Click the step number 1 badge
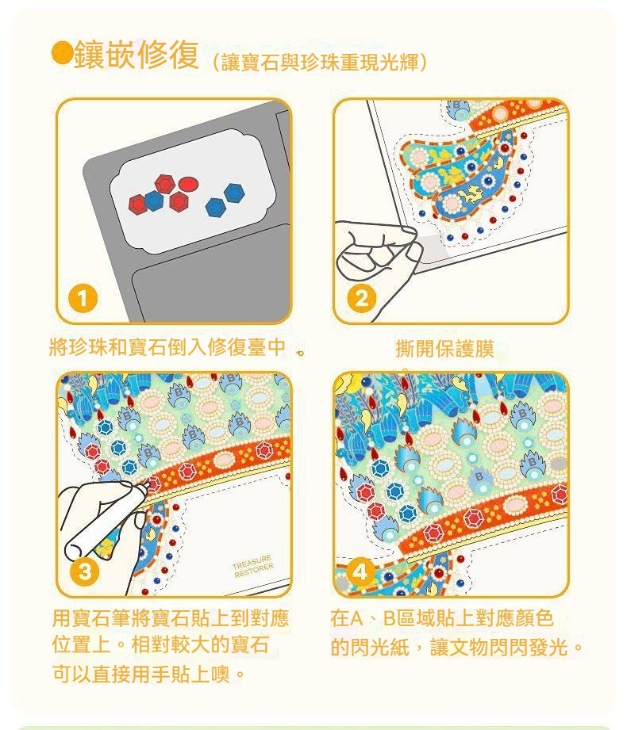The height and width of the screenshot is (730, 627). pos(83,299)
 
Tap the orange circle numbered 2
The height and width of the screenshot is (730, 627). pos(361,298)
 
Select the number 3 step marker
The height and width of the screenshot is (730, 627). pos(84,571)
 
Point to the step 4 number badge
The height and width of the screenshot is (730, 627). pos(360,571)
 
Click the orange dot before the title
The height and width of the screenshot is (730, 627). pos(62,52)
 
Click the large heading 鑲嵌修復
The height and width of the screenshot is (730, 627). pos(137,55)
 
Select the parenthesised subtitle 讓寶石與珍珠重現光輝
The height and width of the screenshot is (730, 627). pos(320,63)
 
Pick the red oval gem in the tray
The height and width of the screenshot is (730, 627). pos(188,185)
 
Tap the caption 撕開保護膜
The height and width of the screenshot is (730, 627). pos(444,348)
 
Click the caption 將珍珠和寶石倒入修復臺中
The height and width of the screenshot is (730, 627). pos(167,347)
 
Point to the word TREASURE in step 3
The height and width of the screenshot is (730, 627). pos(252,562)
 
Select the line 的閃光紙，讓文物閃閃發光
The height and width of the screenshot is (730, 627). pos(456,647)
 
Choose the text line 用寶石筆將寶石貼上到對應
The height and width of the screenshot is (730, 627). pos(171,618)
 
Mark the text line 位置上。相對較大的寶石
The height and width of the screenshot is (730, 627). pos(160,645)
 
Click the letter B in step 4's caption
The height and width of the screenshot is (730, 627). pos(390,619)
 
